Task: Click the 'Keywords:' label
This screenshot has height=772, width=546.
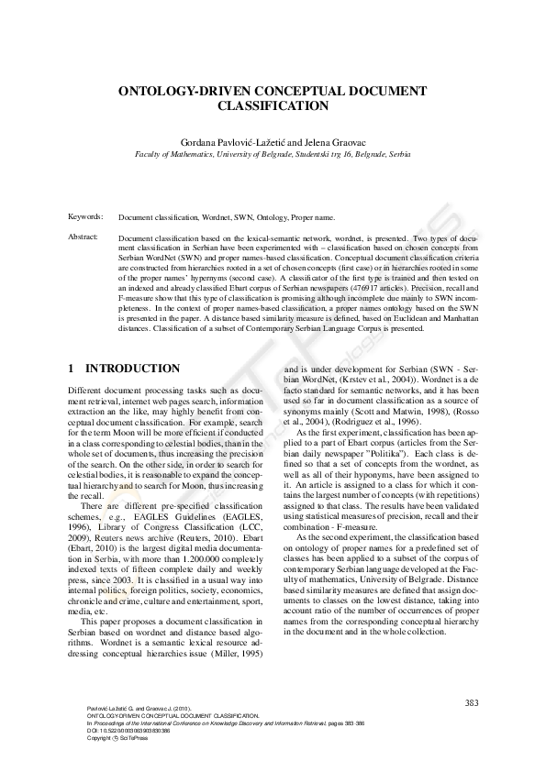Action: (85, 216)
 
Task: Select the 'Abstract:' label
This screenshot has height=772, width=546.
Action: (84, 237)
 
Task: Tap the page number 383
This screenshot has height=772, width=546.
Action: (471, 702)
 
